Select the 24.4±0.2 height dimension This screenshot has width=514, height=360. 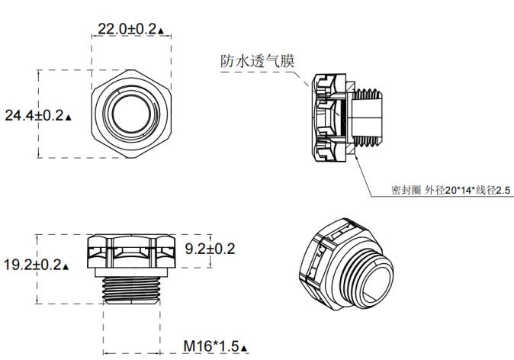tap(34, 116)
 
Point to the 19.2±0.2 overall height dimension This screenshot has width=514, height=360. tap(34, 265)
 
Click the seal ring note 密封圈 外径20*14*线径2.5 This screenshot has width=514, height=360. tap(449, 189)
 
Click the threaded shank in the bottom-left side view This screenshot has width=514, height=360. tap(131, 288)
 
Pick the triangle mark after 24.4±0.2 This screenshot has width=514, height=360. tap(69, 118)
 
